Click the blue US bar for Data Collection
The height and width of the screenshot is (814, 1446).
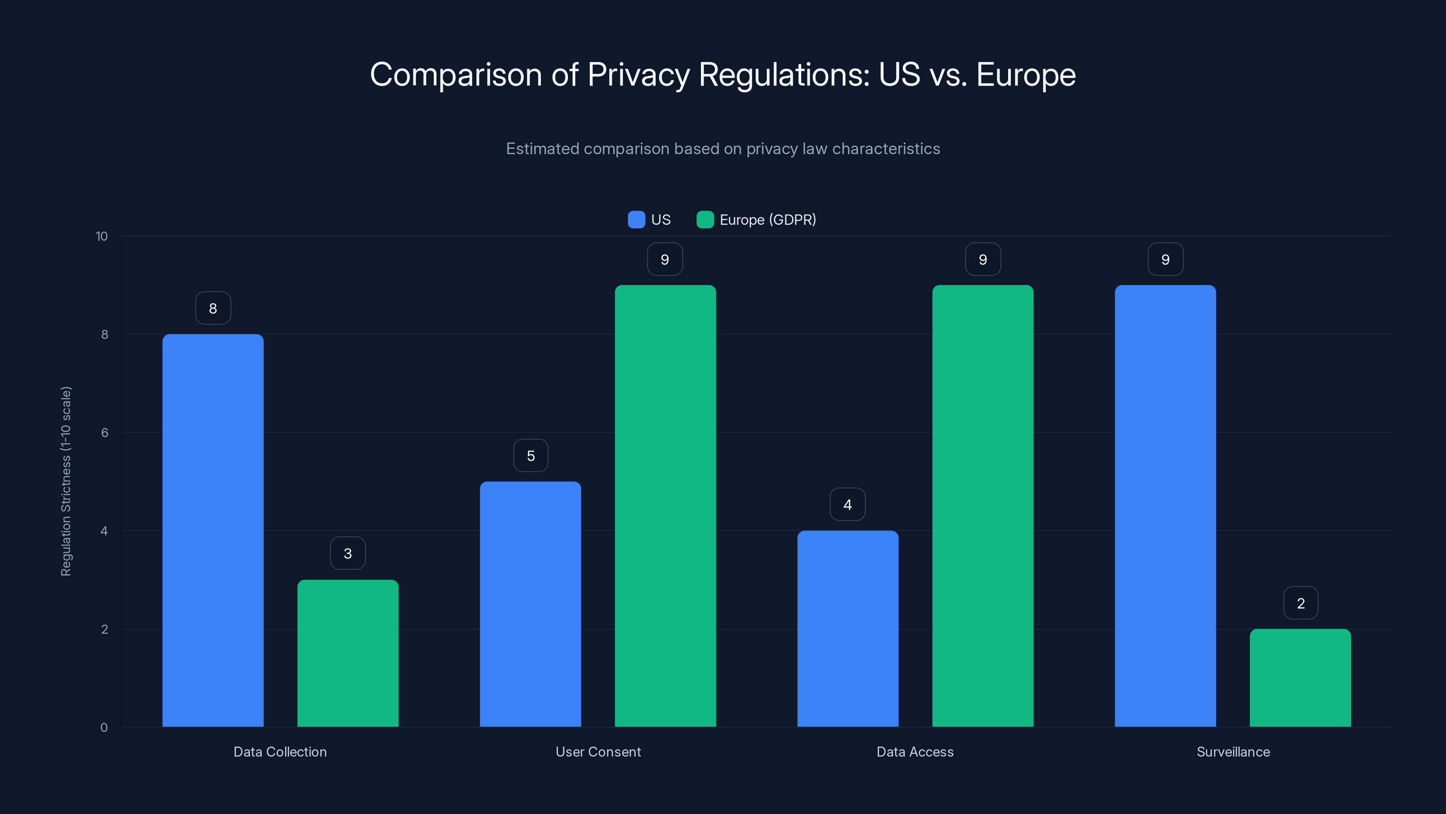point(213,530)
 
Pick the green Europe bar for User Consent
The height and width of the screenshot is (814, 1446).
point(665,506)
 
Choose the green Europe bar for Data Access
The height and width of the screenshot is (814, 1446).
point(982,506)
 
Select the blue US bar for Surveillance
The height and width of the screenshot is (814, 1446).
point(1165,506)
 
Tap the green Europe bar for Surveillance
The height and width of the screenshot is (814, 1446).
point(1300,677)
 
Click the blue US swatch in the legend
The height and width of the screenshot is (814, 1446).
point(636,220)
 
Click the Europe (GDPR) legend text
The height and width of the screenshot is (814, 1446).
point(767,220)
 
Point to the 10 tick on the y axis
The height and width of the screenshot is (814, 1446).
point(102,237)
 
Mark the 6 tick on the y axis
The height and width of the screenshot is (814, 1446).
point(104,433)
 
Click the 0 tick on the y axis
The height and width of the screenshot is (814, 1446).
point(104,728)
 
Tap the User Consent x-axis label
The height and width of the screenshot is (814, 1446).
point(598,752)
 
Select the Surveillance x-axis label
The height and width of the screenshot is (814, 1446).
point(1233,752)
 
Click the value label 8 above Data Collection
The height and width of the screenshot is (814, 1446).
point(213,308)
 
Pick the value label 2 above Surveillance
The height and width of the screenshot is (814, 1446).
point(1300,603)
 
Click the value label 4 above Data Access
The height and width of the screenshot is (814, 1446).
point(848,505)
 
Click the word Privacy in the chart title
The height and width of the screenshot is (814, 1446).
point(638,75)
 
